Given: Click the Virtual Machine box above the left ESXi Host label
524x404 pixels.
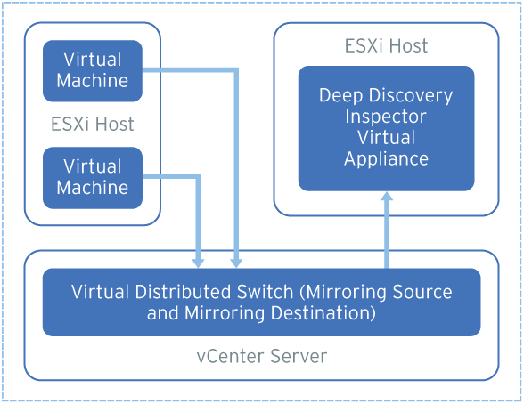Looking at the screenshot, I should (93, 70).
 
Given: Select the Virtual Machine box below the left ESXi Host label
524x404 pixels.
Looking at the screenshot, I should (93, 177).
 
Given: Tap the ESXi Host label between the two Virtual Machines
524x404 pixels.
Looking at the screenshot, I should (93, 124).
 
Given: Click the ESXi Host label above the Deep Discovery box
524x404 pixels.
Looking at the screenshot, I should (386, 45).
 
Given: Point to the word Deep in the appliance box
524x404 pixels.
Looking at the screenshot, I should (341, 95).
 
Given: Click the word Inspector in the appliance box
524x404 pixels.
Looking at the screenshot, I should (386, 117).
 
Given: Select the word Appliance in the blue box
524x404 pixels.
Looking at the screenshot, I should (386, 159).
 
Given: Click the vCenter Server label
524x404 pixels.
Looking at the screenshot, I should (261, 357).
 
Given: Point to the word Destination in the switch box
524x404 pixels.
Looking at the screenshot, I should (323, 313).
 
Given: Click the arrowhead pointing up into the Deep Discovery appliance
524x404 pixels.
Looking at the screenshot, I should (387, 198).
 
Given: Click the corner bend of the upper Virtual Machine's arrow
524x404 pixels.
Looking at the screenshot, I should (235, 70).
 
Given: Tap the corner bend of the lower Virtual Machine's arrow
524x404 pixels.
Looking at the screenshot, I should (198, 177).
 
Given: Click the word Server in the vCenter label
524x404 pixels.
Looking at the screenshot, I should (299, 357).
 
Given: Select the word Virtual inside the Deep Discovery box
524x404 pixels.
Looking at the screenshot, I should (386, 138).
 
